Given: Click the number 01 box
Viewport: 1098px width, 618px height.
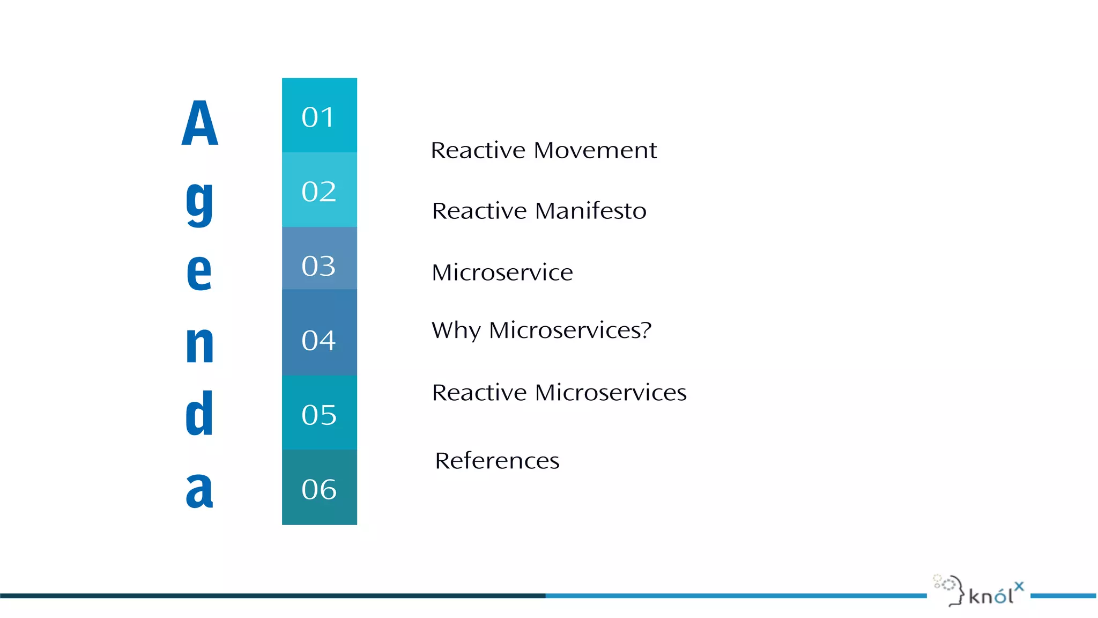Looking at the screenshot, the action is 319,115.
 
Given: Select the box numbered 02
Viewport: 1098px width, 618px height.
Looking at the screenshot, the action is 319,190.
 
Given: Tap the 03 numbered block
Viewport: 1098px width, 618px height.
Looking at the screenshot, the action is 319,259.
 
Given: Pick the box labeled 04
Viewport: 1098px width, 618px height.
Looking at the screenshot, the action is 319,333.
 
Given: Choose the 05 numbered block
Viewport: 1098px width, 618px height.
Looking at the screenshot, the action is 319,413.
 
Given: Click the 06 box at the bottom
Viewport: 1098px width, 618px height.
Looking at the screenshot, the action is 319,487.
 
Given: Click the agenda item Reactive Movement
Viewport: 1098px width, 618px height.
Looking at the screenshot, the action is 544,150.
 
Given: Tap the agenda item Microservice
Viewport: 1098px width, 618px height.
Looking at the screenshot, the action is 502,273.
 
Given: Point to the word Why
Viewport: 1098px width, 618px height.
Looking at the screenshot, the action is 456,330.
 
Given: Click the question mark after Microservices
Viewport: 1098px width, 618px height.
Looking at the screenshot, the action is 646,329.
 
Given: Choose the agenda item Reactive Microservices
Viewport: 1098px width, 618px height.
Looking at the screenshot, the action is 559,393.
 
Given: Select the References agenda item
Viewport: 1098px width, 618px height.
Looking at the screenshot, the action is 497,461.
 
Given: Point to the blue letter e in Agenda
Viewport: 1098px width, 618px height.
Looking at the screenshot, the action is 199,272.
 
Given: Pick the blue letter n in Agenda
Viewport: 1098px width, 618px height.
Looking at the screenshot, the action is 199,344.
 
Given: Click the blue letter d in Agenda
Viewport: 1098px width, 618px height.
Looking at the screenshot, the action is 199,413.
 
